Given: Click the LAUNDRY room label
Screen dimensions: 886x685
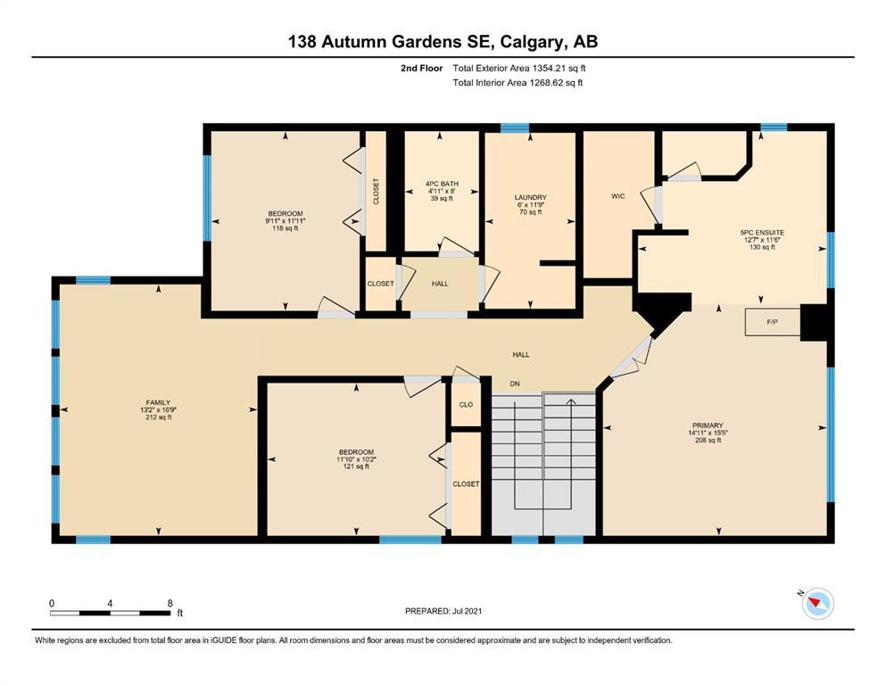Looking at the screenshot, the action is click(x=531, y=197).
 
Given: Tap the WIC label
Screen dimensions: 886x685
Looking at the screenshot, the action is click(x=618, y=196).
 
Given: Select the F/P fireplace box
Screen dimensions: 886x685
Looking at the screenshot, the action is click(x=773, y=322).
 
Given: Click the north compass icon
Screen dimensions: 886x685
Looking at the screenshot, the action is click(x=817, y=603).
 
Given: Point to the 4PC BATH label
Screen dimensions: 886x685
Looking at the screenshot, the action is click(x=442, y=184).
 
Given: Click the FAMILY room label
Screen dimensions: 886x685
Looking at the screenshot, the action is click(x=158, y=402).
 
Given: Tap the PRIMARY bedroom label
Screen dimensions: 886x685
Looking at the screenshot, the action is click(x=708, y=425).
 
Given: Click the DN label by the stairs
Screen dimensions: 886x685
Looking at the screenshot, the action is click(x=515, y=384).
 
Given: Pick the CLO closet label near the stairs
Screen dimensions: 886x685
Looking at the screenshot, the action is click(x=466, y=404).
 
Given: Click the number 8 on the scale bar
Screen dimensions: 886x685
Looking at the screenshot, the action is click(x=170, y=603).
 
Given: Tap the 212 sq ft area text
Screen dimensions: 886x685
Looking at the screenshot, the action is click(x=158, y=417).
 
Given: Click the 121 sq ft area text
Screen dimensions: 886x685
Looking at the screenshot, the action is click(x=356, y=466).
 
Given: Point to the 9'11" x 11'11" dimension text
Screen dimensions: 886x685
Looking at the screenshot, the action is click(x=286, y=221).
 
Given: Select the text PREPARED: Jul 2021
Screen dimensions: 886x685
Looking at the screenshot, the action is click(x=443, y=610).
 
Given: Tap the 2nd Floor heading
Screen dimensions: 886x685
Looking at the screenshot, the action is click(x=421, y=69).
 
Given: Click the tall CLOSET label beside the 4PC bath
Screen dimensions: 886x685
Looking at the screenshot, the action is click(x=377, y=192).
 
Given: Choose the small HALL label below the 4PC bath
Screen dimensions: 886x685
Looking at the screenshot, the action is click(x=440, y=284).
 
